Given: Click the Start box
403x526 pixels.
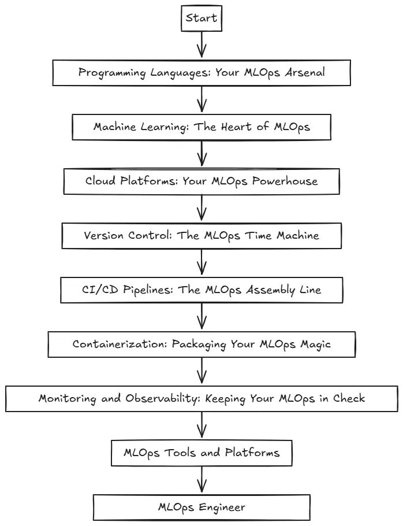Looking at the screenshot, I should coord(201,18).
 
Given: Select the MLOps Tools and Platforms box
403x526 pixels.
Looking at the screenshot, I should coord(201,453).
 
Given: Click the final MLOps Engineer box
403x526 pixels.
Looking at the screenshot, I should coord(201,508).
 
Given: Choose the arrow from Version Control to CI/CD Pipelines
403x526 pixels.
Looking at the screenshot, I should coord(201,263).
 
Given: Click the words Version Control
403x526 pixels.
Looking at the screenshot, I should coord(120,235).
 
